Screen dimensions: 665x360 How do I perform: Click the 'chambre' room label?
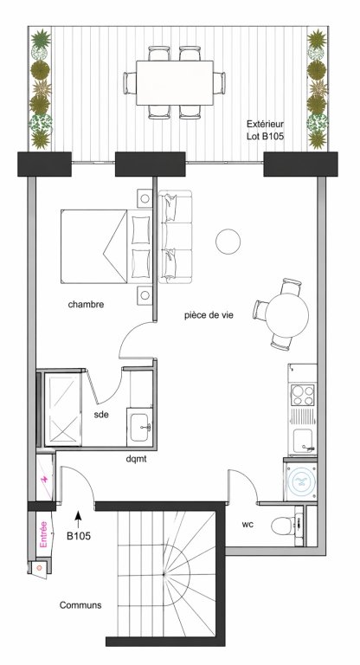tap(87, 305)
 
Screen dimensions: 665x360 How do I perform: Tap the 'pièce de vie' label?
tap(209, 316)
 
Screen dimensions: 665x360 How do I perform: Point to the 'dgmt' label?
tap(137, 459)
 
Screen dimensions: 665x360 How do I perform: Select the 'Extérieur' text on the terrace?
tap(266, 123)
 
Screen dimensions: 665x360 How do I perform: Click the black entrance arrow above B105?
tap(79, 518)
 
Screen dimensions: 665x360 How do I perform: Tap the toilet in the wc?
tap(284, 524)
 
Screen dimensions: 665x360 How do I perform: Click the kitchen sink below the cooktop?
tap(304, 437)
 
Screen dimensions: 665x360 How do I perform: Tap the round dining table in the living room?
tap(286, 311)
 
